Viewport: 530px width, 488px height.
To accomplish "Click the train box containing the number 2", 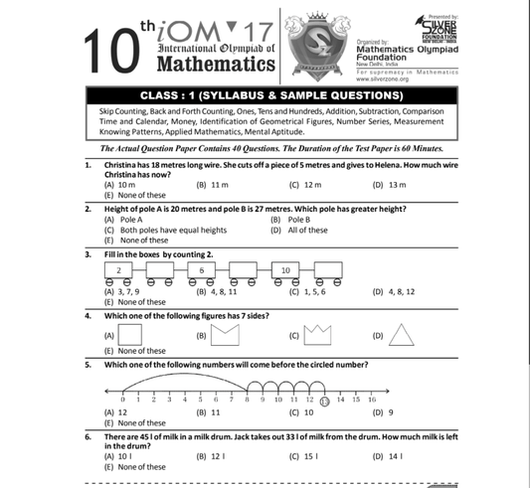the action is (x=119, y=269).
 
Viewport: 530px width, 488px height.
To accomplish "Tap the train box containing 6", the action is (x=201, y=269).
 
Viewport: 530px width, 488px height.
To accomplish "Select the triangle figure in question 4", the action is (x=401, y=336).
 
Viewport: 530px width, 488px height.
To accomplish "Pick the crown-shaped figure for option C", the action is (x=316, y=336).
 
